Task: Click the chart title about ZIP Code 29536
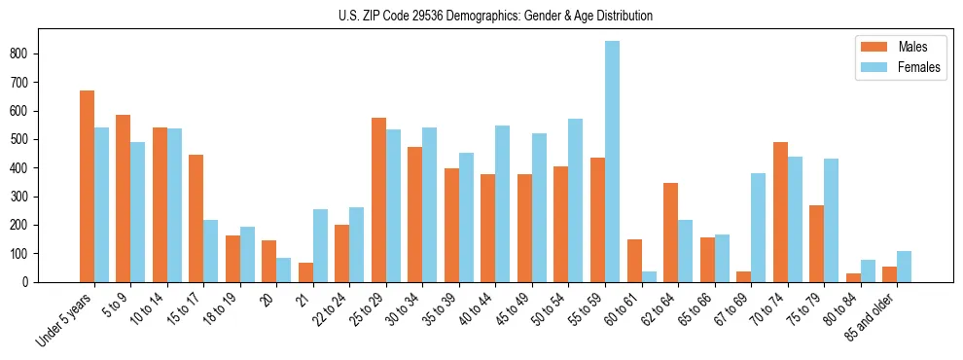pos(481,16)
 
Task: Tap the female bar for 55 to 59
pos(612,162)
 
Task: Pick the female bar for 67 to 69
pos(758,228)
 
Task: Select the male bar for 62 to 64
pos(670,233)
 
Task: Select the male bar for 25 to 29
pos(378,199)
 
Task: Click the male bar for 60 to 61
pos(634,261)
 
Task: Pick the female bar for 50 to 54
pos(575,200)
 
